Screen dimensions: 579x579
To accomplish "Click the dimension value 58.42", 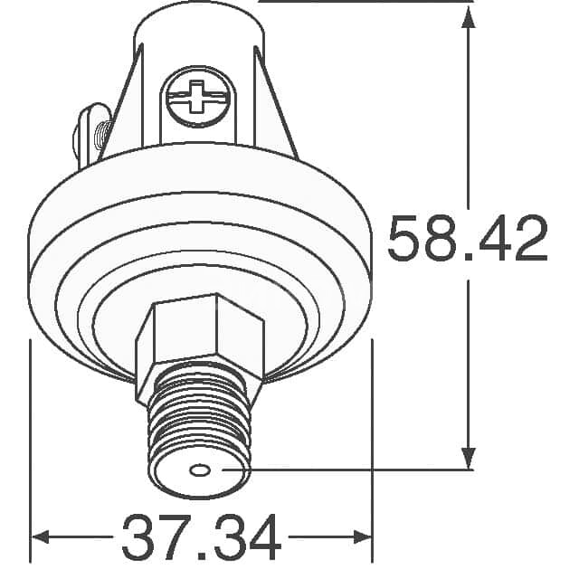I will tap(467, 240).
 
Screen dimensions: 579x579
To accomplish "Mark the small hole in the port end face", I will tap(200, 470).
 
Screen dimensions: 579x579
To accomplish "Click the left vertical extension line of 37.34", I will tap(32, 434).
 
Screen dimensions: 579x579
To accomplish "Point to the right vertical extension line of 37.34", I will tap(372, 434).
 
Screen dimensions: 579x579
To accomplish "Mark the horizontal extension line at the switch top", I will tap(362, 2).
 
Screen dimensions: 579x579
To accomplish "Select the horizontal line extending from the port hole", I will tap(344, 470).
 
